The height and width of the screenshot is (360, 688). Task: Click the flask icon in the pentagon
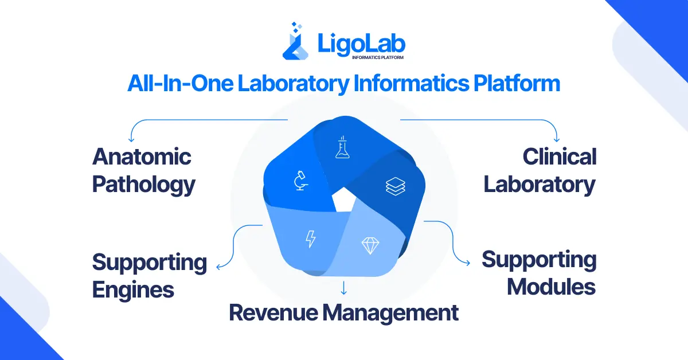coord(343,147)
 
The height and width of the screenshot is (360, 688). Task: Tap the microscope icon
coord(299,181)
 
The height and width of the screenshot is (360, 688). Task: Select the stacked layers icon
coord(396,186)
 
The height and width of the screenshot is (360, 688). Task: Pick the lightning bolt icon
coord(310,238)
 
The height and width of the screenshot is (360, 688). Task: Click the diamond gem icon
coord(370,245)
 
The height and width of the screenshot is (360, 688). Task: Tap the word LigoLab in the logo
coord(362,43)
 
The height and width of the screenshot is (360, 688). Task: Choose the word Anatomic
coord(142,156)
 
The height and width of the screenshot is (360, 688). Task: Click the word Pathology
coord(144,185)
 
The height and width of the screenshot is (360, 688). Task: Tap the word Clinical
coord(560,156)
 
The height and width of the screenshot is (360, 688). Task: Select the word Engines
coord(133,289)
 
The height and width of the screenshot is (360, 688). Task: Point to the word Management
coord(390,313)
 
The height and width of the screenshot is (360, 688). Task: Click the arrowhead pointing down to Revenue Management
coord(343,292)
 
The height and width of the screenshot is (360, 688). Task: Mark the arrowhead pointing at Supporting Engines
coord(218,266)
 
